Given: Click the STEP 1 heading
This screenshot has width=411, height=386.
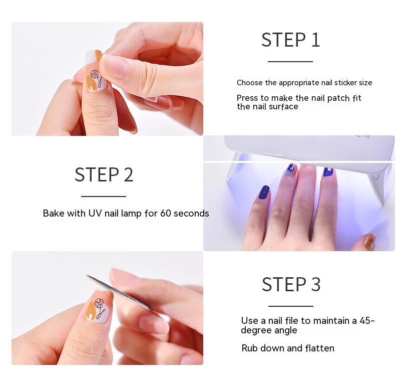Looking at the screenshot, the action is coord(290,40).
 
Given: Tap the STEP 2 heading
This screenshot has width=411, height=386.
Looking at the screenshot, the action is coord(104,175).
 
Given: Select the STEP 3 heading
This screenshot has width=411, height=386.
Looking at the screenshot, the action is coord(291,284).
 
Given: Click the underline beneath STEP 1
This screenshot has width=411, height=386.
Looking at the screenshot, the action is coord(290,62).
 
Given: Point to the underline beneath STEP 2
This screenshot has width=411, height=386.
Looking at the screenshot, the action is coord(104,197).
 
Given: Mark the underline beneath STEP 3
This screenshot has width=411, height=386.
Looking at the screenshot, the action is coord(291,306).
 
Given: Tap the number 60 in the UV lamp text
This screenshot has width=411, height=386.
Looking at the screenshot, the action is coord(166,214).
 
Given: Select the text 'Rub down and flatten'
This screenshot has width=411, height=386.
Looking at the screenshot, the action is coord(288,348).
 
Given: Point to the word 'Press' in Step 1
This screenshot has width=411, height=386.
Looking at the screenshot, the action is coord(247,98).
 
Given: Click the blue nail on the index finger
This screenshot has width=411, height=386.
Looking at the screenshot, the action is coord(264,192).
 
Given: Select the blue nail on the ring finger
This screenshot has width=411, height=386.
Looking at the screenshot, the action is coord(328,172).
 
